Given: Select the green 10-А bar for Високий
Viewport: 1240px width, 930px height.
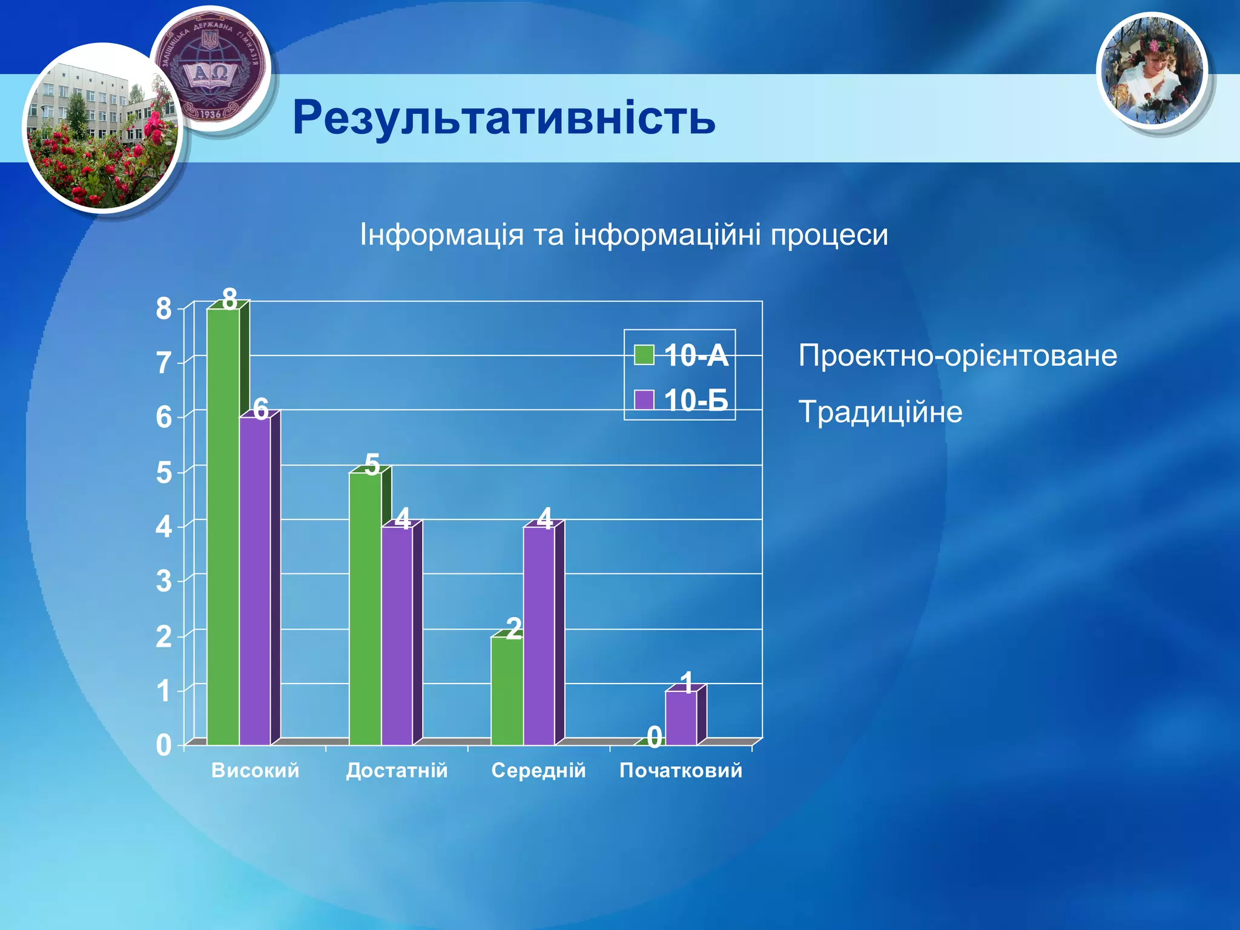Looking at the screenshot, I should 223,527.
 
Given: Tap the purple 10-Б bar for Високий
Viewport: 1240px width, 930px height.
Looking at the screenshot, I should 255,581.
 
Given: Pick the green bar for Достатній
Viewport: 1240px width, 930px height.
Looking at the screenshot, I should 365,608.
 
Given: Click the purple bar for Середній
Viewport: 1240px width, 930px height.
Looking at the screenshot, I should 539,636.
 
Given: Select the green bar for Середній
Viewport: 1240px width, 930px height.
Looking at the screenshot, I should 507,690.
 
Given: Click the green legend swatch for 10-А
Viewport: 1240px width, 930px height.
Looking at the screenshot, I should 644,355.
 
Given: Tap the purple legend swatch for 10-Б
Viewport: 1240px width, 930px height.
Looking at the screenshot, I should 644,400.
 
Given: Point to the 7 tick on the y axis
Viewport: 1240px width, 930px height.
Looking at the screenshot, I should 163,363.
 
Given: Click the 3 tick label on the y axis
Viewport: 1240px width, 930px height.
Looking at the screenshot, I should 163,581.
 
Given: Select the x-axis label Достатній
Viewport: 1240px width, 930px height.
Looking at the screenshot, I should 397,770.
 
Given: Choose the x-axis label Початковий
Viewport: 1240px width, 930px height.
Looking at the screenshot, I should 681,770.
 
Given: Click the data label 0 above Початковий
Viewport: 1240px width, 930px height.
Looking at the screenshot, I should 654,737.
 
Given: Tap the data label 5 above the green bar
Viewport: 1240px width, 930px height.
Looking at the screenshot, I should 372,465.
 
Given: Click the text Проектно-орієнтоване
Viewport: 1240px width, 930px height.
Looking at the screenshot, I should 957,355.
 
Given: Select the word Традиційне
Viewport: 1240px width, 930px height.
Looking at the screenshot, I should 880,412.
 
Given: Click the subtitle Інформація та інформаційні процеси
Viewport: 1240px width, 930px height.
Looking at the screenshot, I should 624,235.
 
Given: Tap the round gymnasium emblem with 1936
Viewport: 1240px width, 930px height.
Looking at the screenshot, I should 211,70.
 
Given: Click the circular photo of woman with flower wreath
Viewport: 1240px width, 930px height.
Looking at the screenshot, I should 1151,71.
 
